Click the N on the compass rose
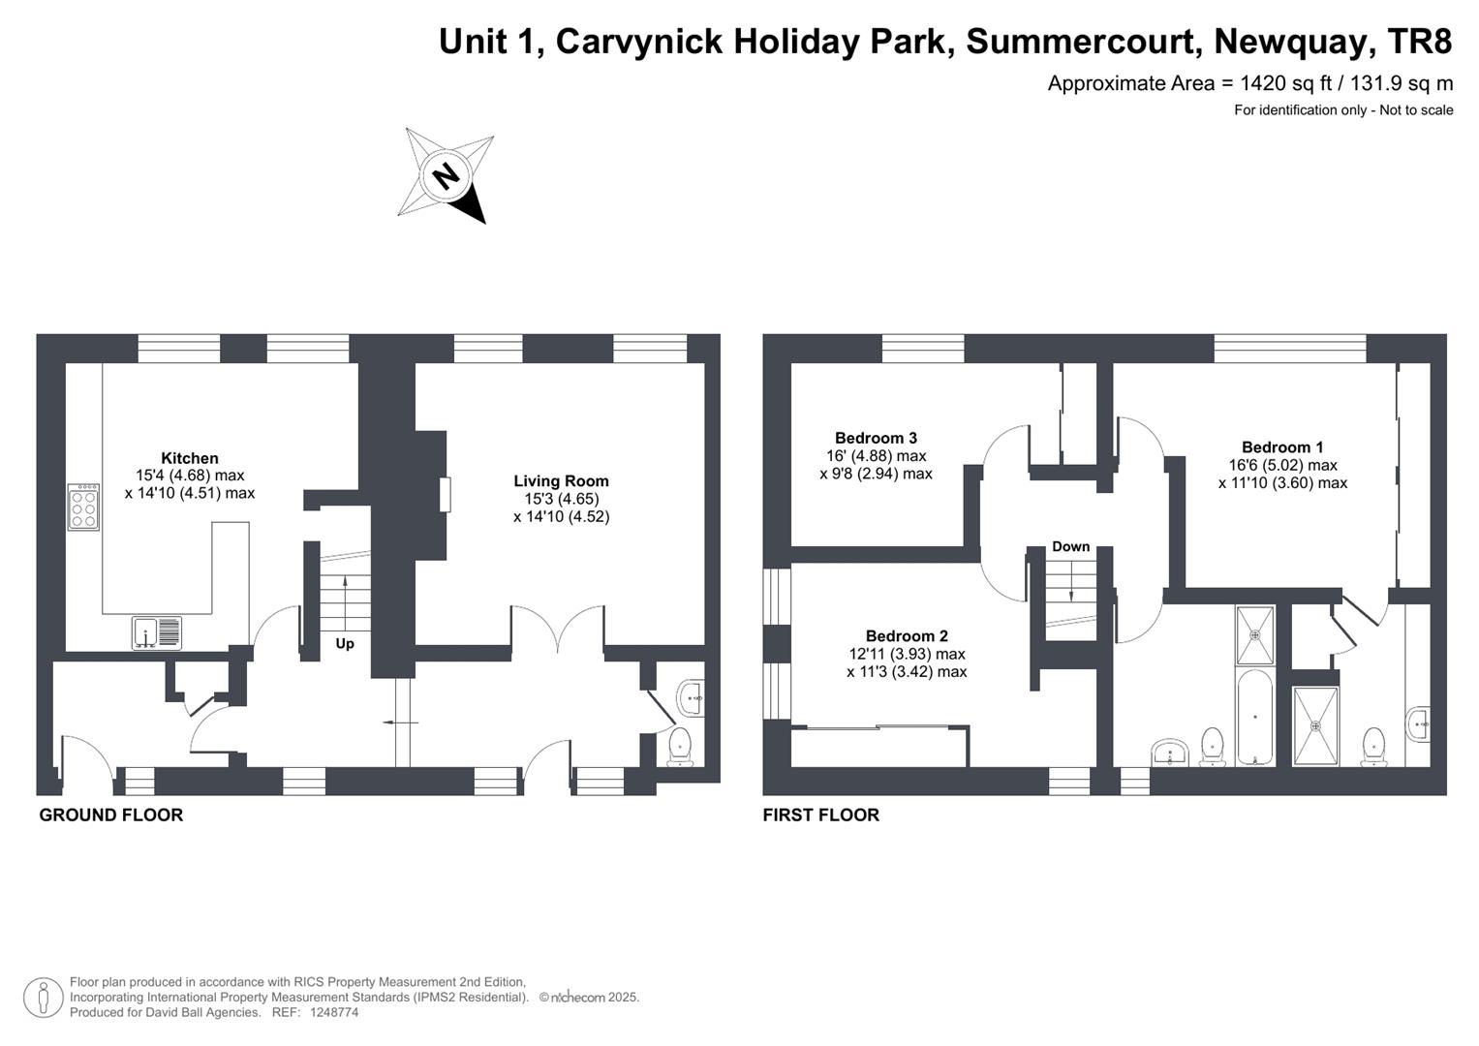446,176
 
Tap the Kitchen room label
190,458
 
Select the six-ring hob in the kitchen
83,508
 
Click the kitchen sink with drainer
157,633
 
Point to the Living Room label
561,480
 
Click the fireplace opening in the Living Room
445,494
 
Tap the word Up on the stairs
345,643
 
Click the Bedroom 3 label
876,438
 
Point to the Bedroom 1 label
1282,446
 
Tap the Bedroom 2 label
907,635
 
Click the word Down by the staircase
1070,546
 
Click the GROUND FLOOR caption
110,815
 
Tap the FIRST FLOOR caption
820,815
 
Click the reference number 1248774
334,1012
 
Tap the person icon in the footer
43,998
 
